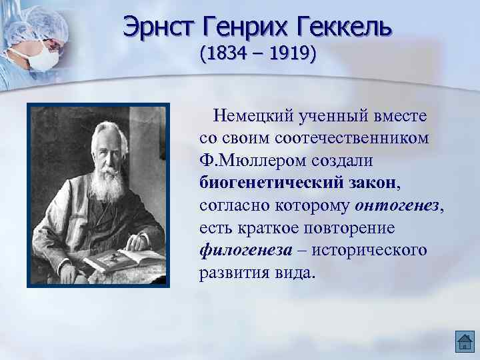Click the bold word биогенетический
(x=268, y=183)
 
